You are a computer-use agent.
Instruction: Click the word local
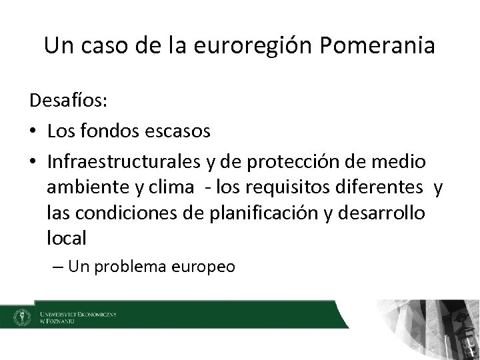(66, 237)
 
